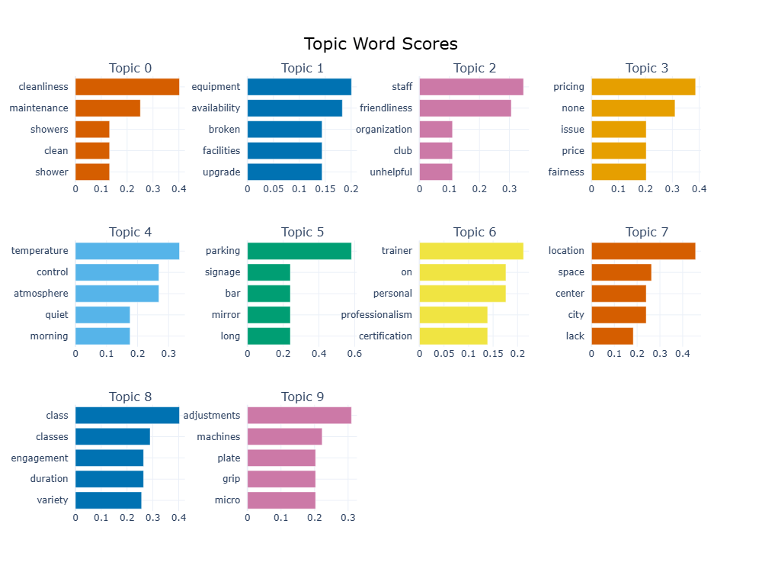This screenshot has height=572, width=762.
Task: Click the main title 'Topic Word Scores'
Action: [380, 43]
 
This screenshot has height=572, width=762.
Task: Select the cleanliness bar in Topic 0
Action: [127, 87]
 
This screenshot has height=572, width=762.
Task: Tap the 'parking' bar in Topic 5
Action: [299, 251]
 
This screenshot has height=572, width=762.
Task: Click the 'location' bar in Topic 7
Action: [643, 251]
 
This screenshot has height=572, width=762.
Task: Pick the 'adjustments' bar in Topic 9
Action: [299, 416]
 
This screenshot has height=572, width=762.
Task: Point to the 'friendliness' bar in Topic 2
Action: [465, 108]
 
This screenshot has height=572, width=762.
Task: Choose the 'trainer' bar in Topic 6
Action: [471, 251]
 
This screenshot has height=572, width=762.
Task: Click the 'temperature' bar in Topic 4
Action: [127, 251]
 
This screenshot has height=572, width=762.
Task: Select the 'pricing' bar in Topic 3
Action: [643, 87]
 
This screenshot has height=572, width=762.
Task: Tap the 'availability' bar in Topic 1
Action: [295, 108]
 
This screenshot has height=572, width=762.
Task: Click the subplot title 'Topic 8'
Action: [130, 397]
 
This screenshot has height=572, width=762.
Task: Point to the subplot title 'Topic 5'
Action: [303, 232]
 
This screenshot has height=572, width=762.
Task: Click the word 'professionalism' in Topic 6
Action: [376, 315]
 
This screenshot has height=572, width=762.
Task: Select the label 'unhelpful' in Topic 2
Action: [390, 172]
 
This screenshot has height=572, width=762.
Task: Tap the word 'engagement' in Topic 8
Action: [40, 458]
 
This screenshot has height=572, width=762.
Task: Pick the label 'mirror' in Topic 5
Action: [226, 315]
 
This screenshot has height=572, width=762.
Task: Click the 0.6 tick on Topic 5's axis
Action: [354, 354]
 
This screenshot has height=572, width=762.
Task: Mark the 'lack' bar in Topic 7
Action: [612, 336]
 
